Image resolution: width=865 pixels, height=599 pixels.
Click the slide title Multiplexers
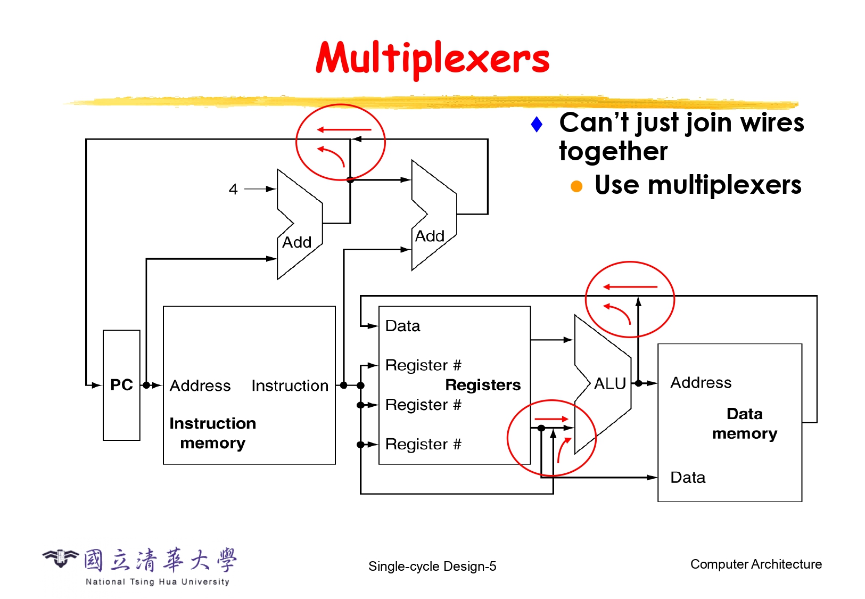[x=432, y=59]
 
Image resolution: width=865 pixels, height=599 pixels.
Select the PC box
[x=121, y=385]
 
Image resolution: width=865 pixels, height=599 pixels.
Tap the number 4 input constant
[x=233, y=189]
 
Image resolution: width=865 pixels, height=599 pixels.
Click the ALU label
[x=609, y=383]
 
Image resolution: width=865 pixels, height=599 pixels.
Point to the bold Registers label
[x=483, y=385]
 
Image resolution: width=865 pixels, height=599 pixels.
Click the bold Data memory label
[x=745, y=424]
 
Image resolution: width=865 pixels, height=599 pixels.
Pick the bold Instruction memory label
[x=213, y=433]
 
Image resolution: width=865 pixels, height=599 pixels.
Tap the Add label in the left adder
[x=296, y=243]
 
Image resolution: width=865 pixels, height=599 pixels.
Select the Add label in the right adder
[x=430, y=236]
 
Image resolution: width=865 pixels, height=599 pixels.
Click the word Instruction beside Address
[x=290, y=385]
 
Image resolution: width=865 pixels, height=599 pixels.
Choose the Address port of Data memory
[x=701, y=383]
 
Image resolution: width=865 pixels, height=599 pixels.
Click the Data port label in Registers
[x=402, y=326]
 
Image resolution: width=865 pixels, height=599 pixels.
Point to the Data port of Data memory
[x=688, y=478]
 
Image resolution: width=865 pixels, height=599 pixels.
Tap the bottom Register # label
[x=423, y=444]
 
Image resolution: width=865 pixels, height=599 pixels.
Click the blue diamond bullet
[x=537, y=125]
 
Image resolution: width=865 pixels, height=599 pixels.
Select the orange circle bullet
[x=576, y=186]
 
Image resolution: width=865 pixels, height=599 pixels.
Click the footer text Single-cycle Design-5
[x=432, y=567]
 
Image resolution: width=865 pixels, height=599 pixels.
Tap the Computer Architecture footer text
[x=756, y=564]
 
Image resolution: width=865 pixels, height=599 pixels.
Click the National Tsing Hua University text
[x=158, y=582]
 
